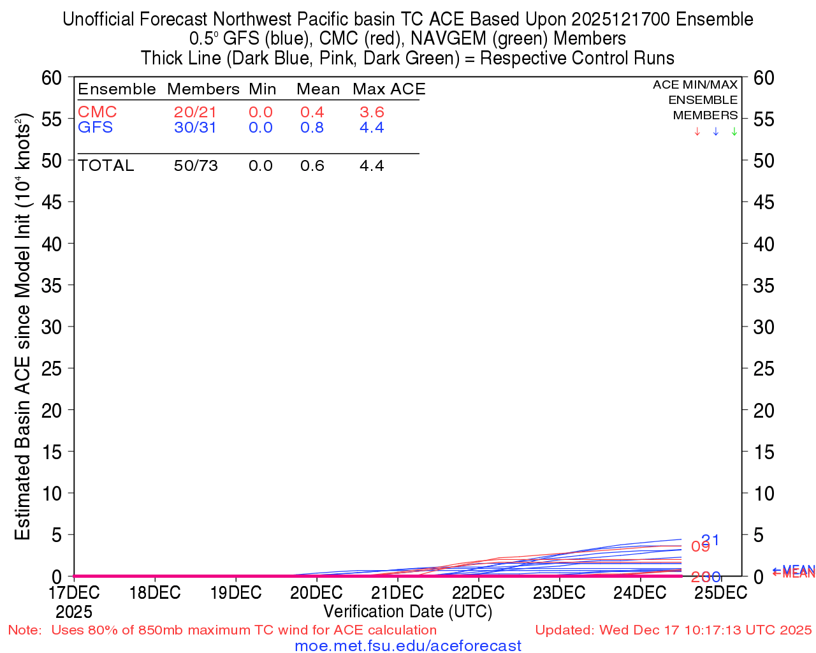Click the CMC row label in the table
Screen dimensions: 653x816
(x=97, y=112)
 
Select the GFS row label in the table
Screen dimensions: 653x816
(x=95, y=128)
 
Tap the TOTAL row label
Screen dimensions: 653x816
(x=106, y=166)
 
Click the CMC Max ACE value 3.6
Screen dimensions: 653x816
(x=372, y=112)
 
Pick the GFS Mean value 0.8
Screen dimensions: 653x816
(x=312, y=128)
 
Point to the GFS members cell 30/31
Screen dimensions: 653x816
(x=195, y=128)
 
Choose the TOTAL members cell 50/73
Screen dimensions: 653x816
(x=196, y=166)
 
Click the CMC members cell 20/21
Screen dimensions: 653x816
(x=195, y=112)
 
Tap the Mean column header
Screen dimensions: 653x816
(x=318, y=89)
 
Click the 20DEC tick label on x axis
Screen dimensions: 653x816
(x=316, y=592)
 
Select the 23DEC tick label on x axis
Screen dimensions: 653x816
(x=559, y=592)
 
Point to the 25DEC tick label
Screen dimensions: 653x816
(x=720, y=592)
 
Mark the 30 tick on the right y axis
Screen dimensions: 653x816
(x=764, y=327)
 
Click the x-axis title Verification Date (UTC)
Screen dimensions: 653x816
(x=407, y=612)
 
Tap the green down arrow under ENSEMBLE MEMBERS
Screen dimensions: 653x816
(x=734, y=132)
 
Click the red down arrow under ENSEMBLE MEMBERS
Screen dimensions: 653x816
(x=697, y=132)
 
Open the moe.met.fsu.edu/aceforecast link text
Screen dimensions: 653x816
(x=408, y=646)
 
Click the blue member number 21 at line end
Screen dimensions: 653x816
(x=710, y=540)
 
